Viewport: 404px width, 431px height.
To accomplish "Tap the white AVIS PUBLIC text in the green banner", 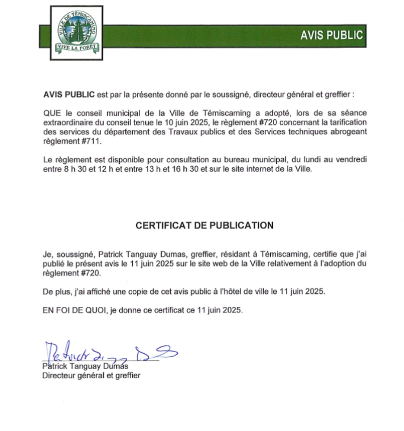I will pos(331,35).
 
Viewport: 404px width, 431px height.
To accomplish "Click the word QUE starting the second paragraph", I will pos(52,113).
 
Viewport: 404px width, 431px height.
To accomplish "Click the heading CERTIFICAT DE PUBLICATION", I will pos(204,225).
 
